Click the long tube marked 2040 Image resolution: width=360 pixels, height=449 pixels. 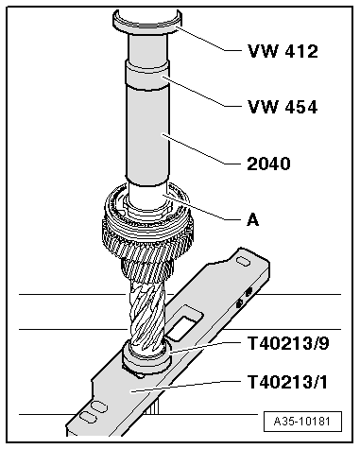click(x=150, y=142)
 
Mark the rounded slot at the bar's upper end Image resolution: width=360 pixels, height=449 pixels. click(x=243, y=256)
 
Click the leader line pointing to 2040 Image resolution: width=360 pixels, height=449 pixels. click(x=203, y=152)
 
